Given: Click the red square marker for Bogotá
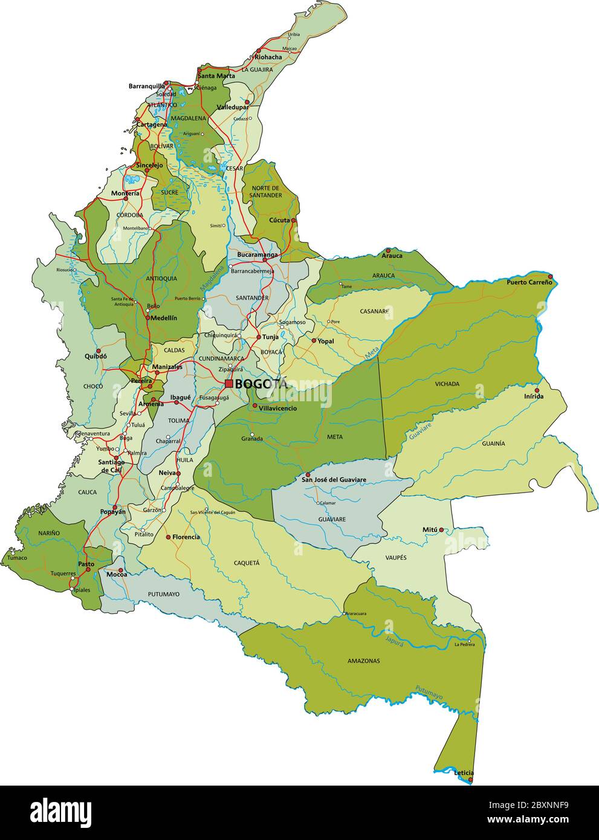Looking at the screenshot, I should click(x=229, y=383).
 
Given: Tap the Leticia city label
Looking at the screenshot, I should click(x=464, y=773).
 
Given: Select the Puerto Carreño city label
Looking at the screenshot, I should click(x=529, y=282).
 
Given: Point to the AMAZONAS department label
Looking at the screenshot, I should click(x=364, y=661).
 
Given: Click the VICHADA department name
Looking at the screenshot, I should click(x=447, y=384).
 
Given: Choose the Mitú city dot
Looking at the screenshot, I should click(x=441, y=530).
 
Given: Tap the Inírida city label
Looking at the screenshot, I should click(x=534, y=396).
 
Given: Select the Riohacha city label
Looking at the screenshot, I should click(x=268, y=57).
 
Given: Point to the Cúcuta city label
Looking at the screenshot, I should click(x=279, y=221).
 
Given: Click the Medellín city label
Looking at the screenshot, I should click(x=163, y=317).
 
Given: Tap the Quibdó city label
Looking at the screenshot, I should click(x=96, y=356).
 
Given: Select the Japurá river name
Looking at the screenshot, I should click(x=394, y=641).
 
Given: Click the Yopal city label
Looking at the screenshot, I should click(x=326, y=341).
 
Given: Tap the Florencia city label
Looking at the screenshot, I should click(x=186, y=537).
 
